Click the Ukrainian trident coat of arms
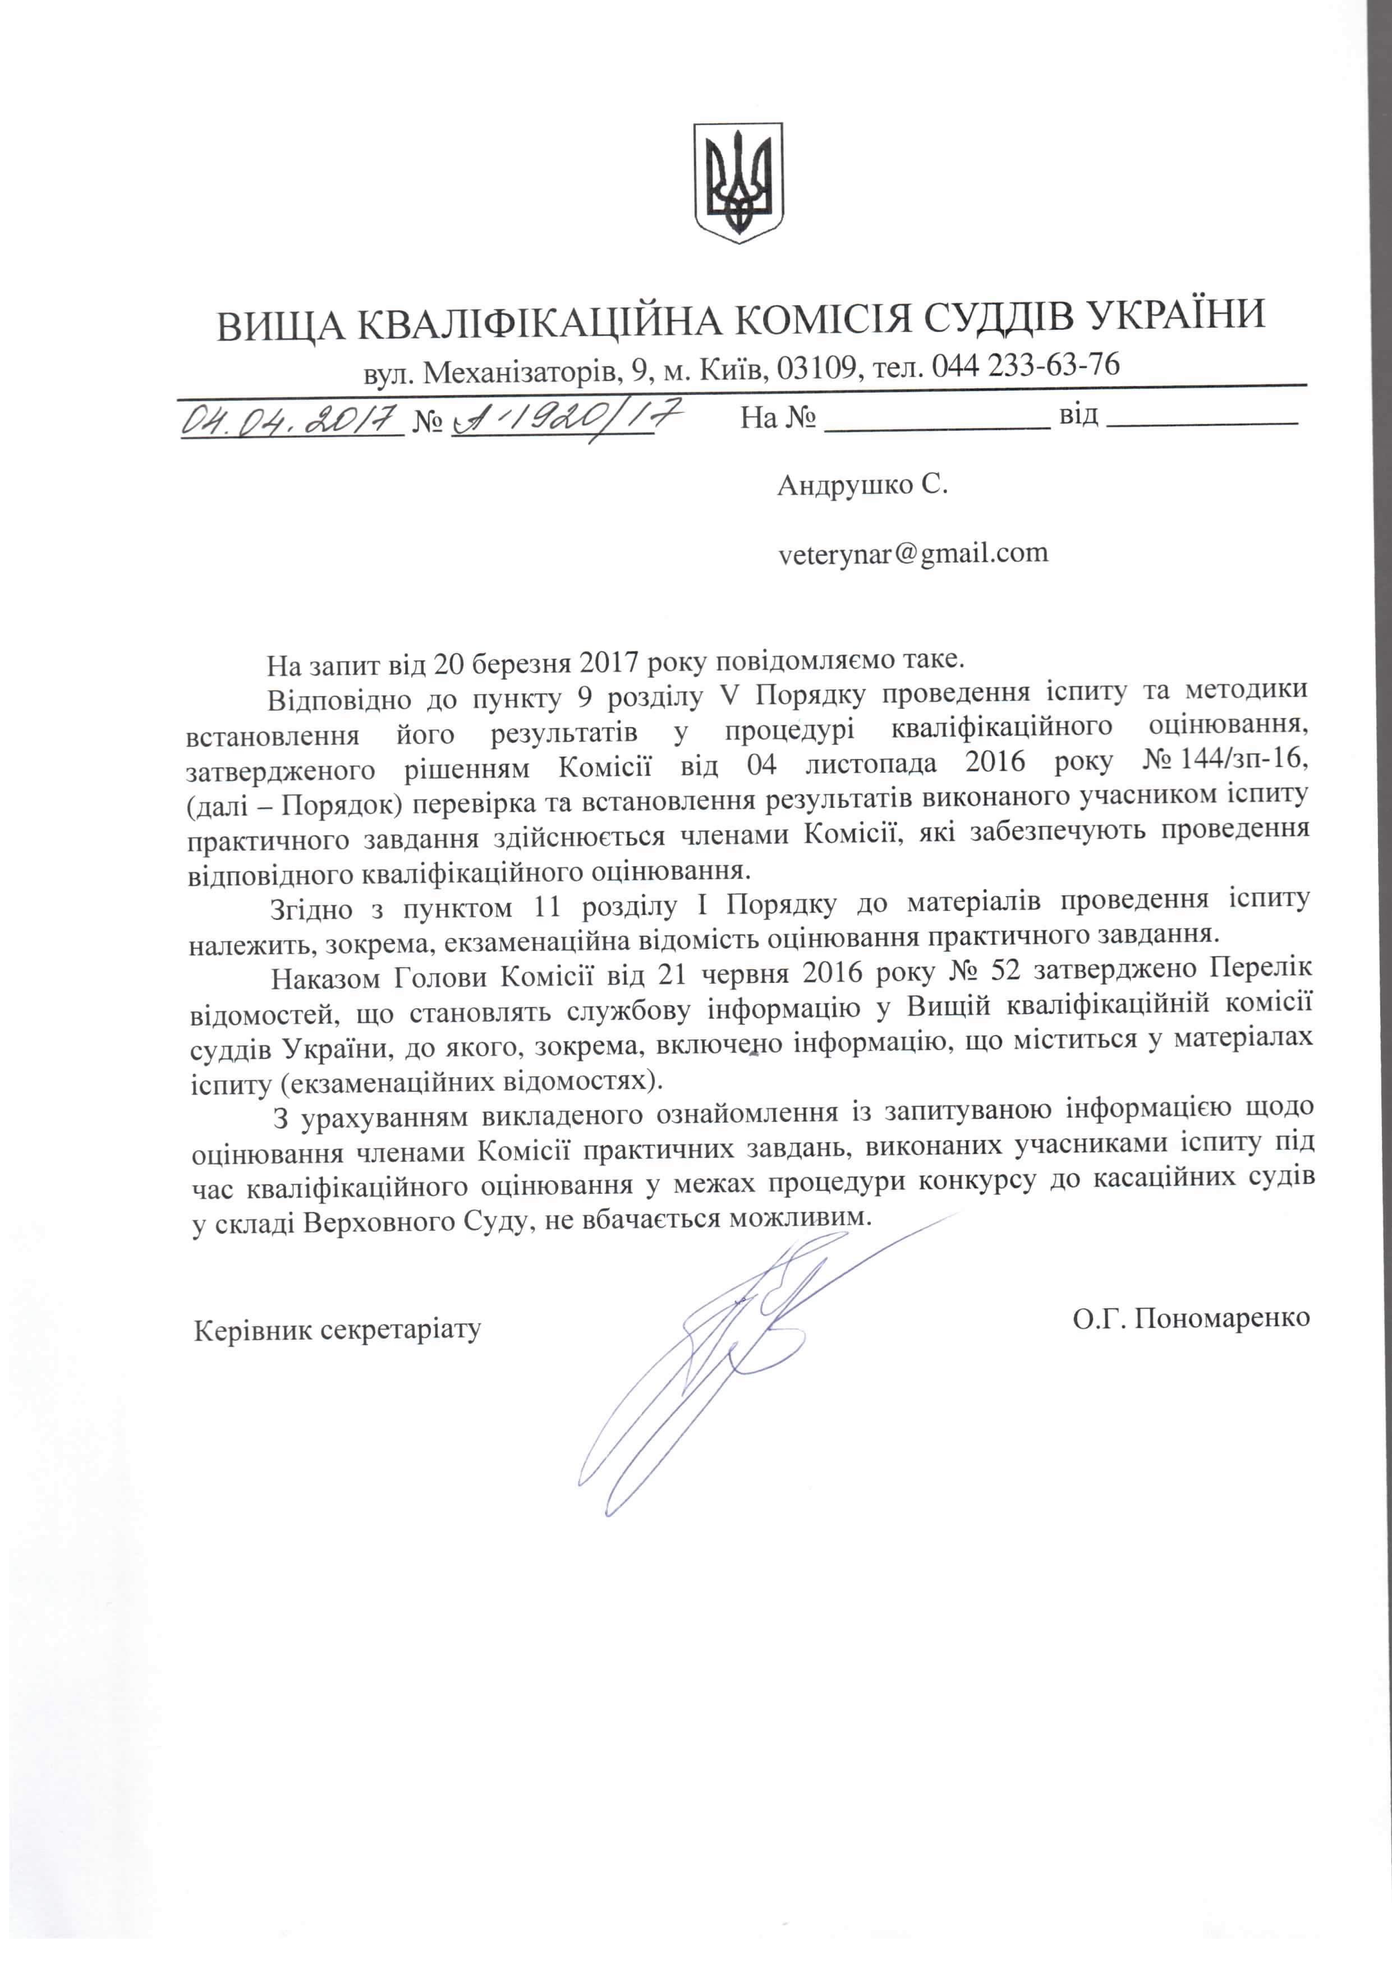(738, 182)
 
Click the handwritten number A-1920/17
(566, 419)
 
